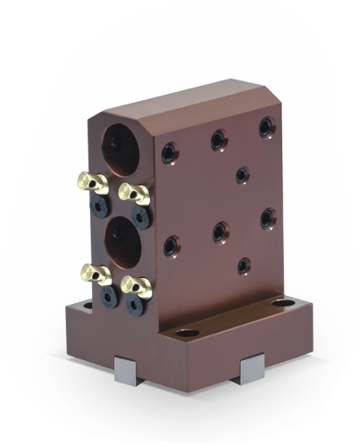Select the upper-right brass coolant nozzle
(134, 191)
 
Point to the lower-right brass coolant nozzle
(136, 286)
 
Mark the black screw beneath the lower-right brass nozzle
(135, 305)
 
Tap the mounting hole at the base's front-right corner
(187, 333)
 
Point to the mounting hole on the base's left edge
(88, 305)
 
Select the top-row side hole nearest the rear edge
(267, 128)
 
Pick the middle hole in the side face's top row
(218, 139)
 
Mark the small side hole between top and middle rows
(242, 174)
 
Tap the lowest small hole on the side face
(243, 264)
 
